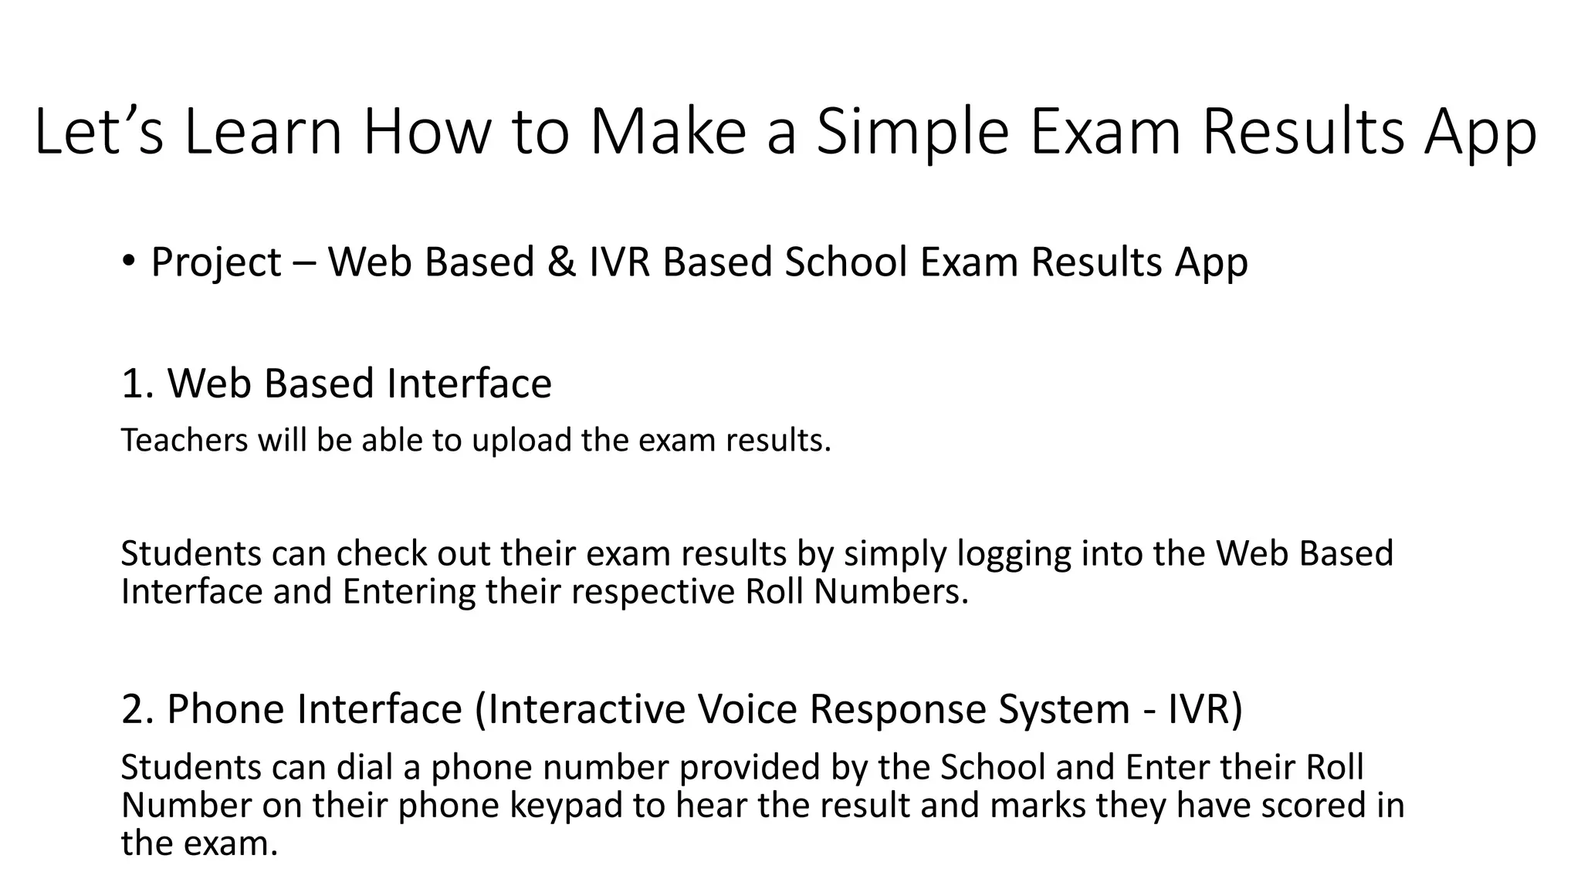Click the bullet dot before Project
click(128, 260)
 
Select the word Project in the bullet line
click(216, 262)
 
